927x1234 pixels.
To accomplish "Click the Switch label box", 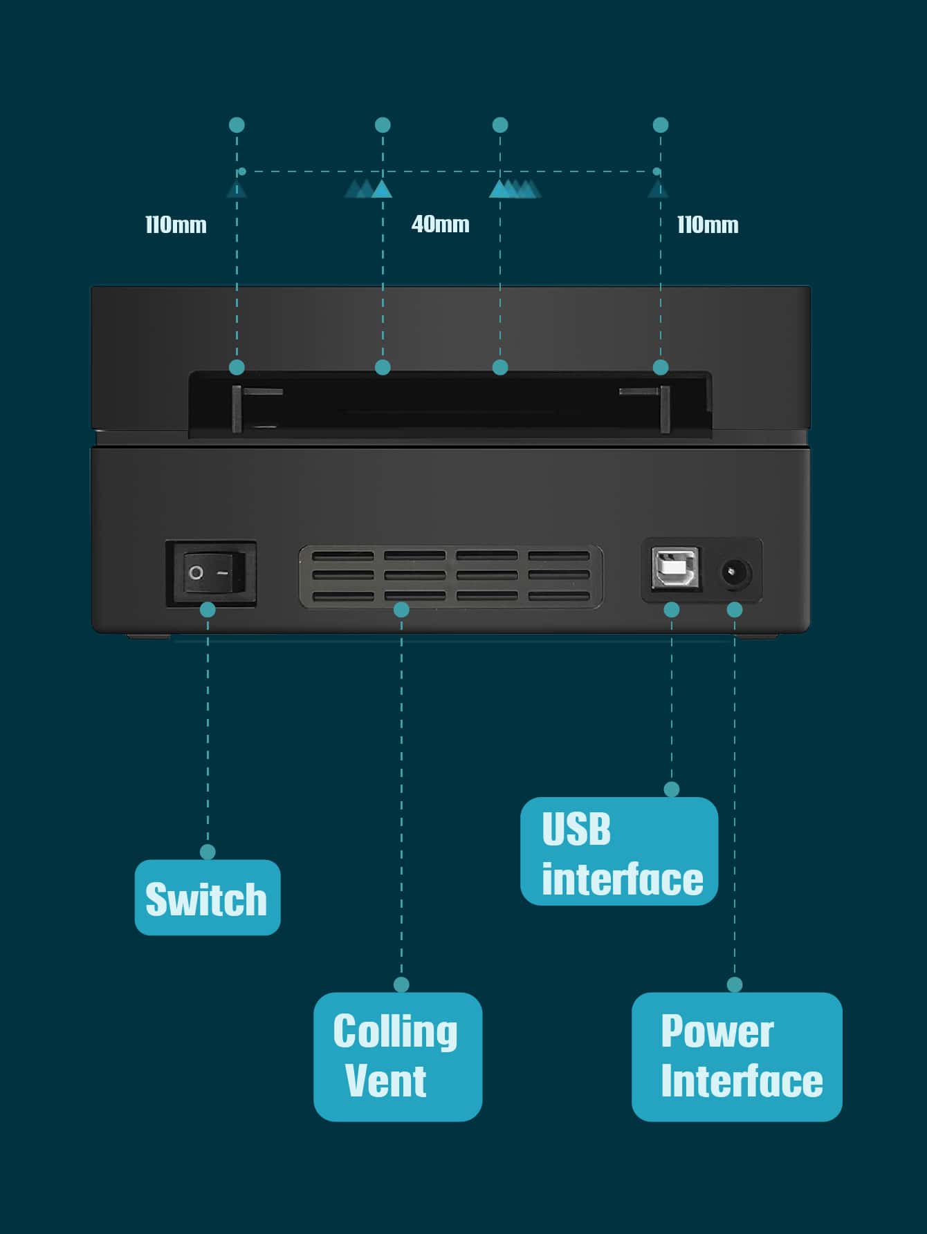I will pos(207,897).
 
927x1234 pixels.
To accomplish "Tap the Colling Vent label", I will pos(397,1056).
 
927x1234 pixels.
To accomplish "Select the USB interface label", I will pos(618,852).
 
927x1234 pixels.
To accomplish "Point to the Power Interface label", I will pos(736,1056).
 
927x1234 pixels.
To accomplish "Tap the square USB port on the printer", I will pos(675,568).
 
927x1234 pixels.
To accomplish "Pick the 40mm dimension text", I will pos(440,224).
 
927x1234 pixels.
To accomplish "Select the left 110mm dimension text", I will pos(176,225).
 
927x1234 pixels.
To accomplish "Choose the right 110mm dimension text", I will pos(707,225).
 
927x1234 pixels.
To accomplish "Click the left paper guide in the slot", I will pos(237,409).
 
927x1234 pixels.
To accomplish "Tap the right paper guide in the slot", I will pos(665,409).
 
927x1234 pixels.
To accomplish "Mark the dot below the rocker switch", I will pos(208,610).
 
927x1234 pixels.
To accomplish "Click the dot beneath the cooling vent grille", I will pos(401,610).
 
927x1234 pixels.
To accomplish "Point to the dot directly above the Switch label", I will pos(208,852).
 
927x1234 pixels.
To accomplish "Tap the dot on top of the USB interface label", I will pos(671,789).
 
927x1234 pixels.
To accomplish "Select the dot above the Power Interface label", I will pos(735,984).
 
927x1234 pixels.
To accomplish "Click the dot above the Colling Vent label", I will pos(401,984).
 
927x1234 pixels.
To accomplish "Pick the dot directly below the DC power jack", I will pos(735,610).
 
